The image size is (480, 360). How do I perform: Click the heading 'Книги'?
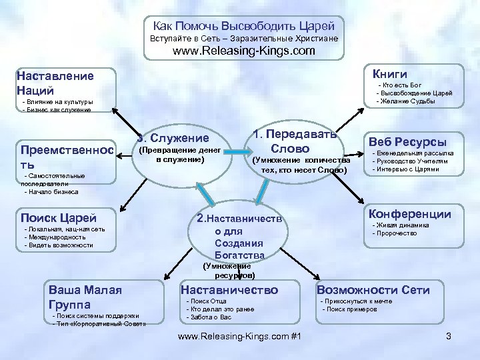tap(390, 73)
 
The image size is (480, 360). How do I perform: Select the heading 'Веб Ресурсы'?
tap(407, 141)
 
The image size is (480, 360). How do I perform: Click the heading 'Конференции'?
tap(409, 214)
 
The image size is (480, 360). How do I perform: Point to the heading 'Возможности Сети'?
tap(373, 289)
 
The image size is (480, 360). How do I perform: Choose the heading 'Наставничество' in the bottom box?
tap(229, 289)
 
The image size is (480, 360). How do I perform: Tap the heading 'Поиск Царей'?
tap(59, 217)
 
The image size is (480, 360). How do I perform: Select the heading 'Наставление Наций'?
tap(55, 83)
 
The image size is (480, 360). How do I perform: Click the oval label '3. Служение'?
tap(173, 138)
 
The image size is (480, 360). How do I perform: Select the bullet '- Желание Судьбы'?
tap(406, 101)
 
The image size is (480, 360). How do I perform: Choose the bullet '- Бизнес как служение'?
tap(57, 109)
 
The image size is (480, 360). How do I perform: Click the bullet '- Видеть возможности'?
tap(59, 245)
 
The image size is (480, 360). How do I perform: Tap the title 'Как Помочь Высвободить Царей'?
tap(244, 26)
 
